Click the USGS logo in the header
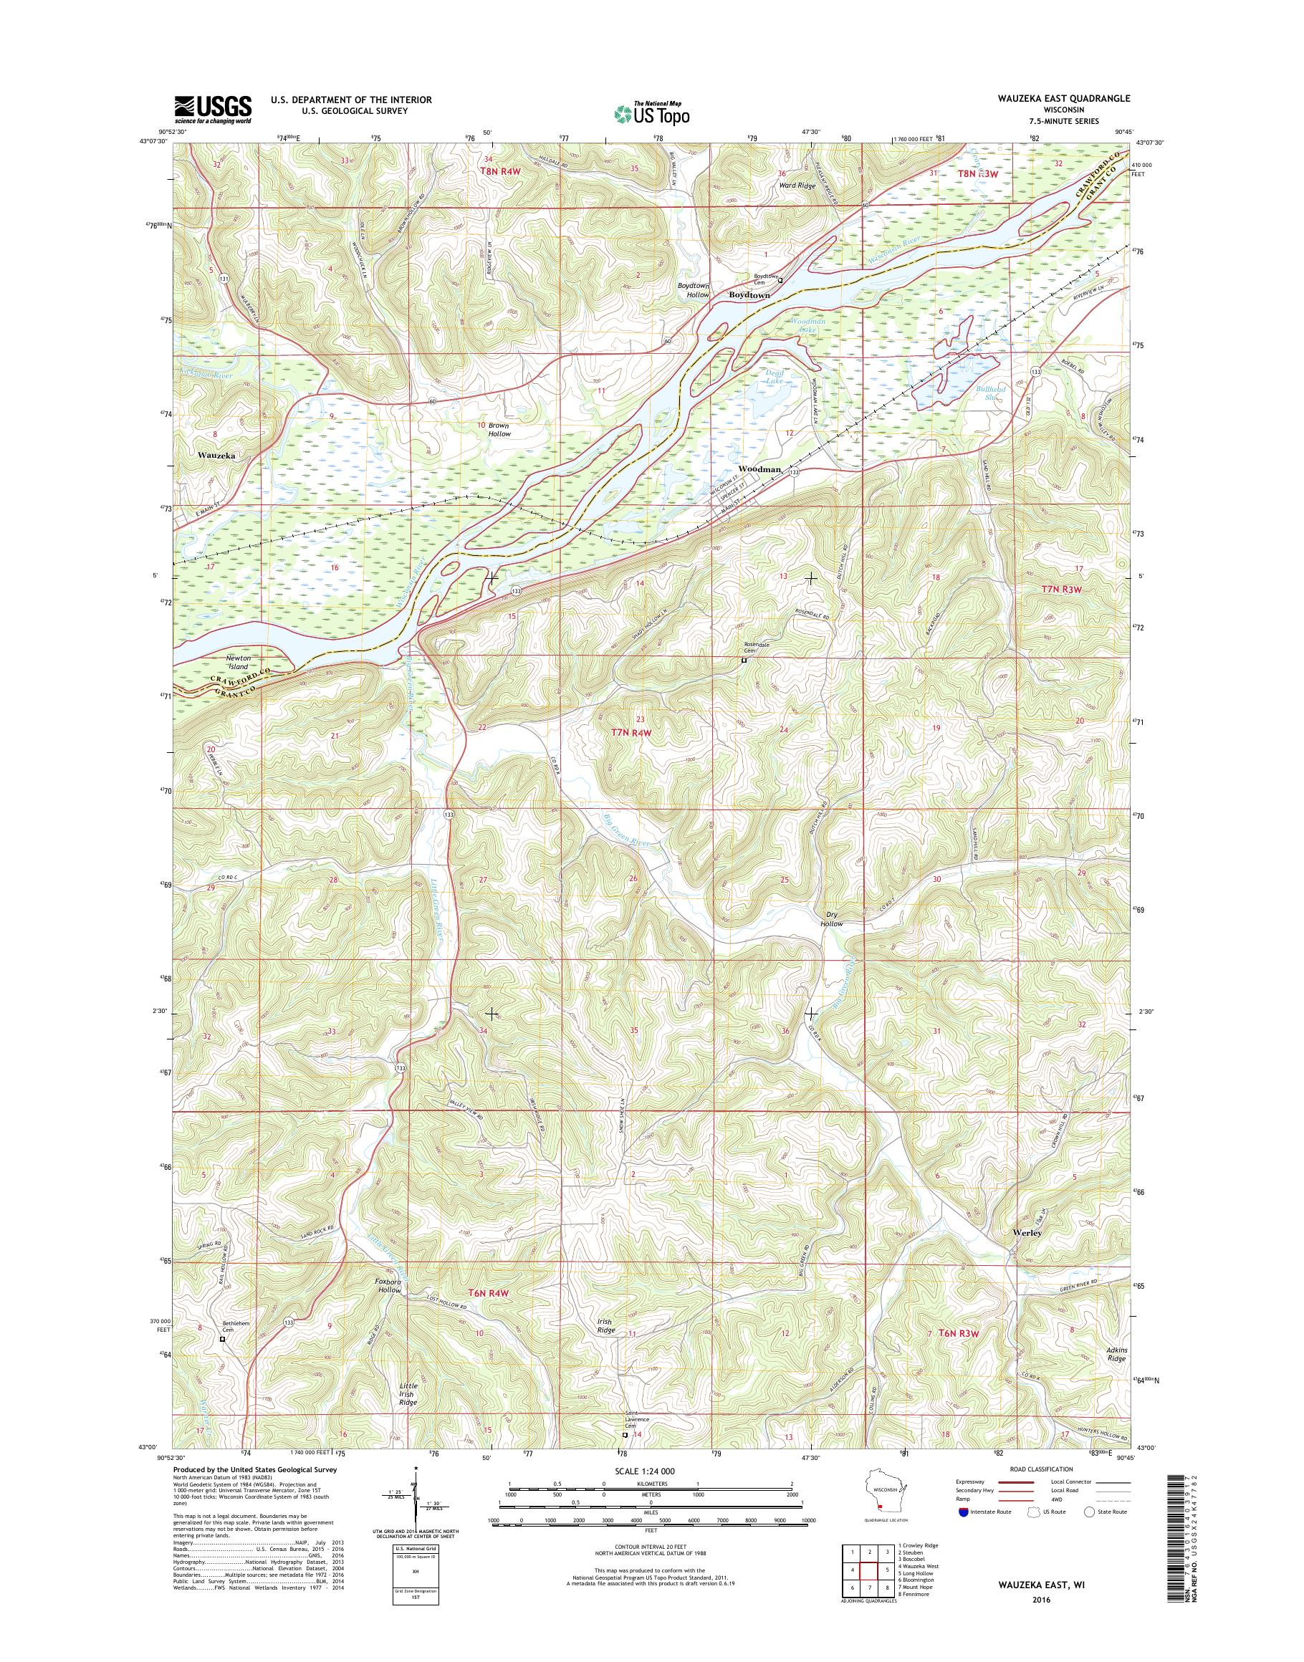(213, 109)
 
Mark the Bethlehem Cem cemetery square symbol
(223, 1338)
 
